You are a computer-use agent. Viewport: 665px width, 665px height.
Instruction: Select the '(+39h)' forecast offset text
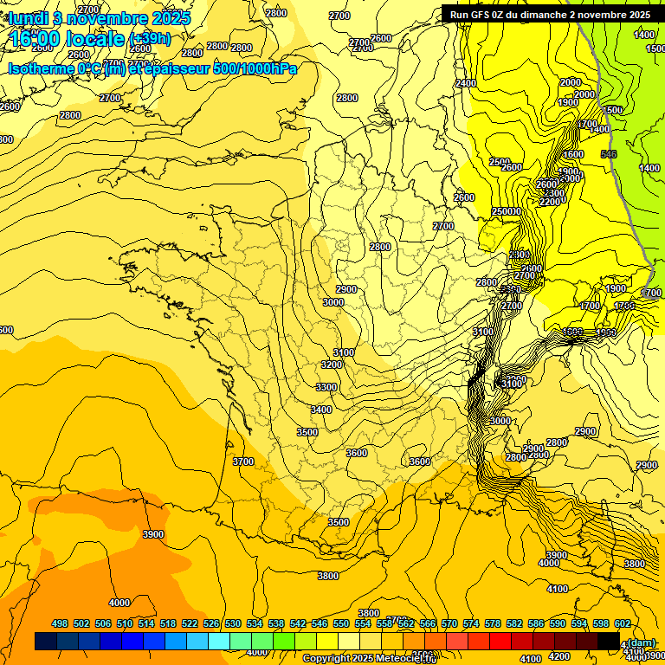150,39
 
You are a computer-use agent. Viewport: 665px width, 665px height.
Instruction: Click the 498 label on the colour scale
60,624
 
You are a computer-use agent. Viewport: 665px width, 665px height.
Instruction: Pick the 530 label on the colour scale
233,624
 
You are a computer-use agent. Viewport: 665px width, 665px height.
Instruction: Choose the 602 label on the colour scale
623,624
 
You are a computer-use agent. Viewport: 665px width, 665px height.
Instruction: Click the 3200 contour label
331,365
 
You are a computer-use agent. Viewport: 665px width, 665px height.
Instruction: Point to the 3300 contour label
326,387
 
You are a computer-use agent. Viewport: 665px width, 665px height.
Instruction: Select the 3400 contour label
321,410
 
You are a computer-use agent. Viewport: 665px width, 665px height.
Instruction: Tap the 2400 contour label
466,83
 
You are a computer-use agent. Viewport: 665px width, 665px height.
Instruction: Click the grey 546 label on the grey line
609,154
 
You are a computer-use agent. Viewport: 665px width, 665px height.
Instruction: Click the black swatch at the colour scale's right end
609,641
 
